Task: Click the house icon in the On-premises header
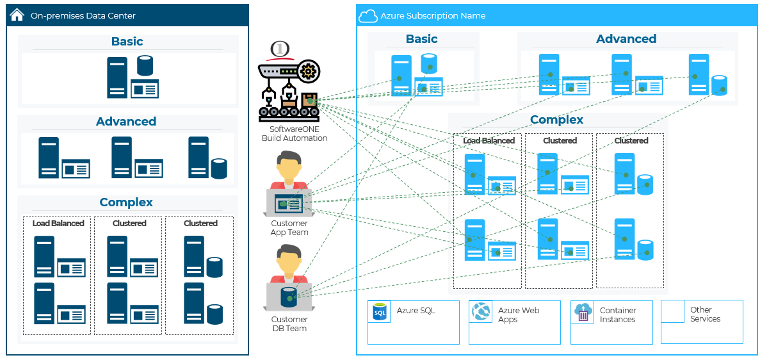pos(17,15)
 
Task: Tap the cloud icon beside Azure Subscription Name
pos(368,15)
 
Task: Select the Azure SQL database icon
pos(380,313)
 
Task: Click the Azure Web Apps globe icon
pos(481,313)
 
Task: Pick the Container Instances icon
pos(583,313)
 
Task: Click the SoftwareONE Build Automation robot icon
pos(288,90)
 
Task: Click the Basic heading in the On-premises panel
pos(127,42)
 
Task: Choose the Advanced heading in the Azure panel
pos(626,39)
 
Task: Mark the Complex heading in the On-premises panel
pos(126,202)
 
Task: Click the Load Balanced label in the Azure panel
pos(489,141)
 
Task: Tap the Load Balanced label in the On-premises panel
pos(58,224)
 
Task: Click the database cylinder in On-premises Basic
pos(145,66)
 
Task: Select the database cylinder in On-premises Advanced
pos(219,168)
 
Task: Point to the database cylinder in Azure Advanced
pos(719,85)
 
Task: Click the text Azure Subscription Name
pos(433,16)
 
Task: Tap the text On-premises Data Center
pos(83,15)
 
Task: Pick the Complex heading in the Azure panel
pos(556,120)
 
